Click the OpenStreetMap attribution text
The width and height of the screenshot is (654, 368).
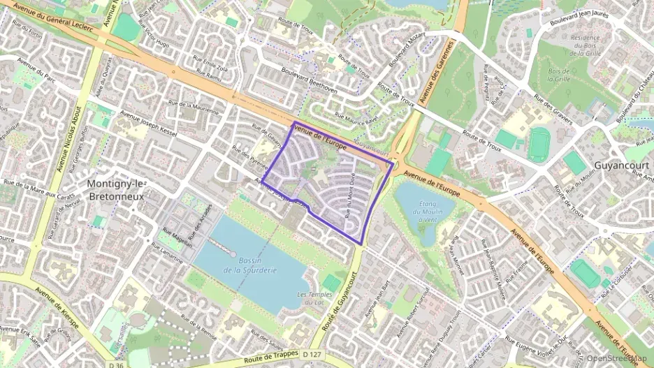click(616, 358)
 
